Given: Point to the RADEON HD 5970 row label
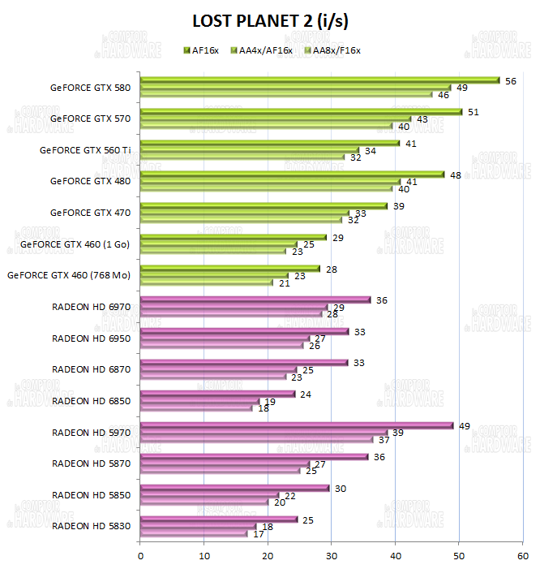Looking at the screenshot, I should (91, 432).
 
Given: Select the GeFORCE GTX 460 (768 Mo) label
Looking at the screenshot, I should (69, 275).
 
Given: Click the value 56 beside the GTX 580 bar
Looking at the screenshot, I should (510, 80).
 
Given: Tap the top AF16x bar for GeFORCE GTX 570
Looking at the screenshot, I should (301, 112).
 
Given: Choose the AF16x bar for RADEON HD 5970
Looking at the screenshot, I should (296, 425).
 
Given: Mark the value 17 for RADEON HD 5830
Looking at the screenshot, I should (259, 533).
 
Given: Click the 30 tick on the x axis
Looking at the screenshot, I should (332, 555).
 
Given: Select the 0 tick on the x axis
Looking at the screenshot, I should (141, 555).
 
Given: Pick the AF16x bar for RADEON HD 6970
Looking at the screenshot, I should (255, 300).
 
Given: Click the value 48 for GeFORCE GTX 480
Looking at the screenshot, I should (455, 175).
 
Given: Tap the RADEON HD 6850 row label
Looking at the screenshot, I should (91, 401).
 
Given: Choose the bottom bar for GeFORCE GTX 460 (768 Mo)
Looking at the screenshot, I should (207, 282).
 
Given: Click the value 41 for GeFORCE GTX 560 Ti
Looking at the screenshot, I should (410, 143).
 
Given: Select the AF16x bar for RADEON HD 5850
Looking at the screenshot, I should (235, 488).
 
